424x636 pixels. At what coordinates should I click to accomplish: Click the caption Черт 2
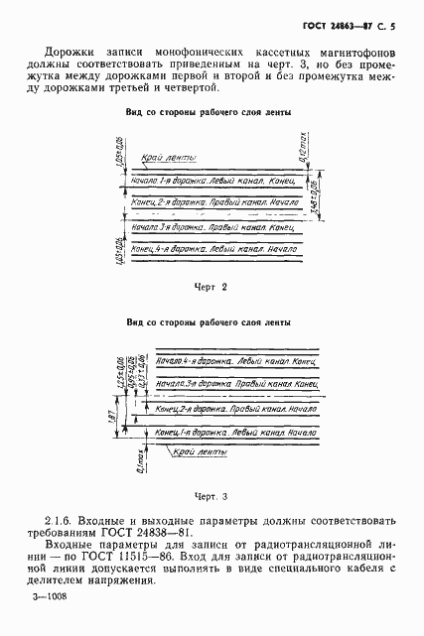point(211,287)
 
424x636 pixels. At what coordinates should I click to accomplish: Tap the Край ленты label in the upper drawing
point(170,160)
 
